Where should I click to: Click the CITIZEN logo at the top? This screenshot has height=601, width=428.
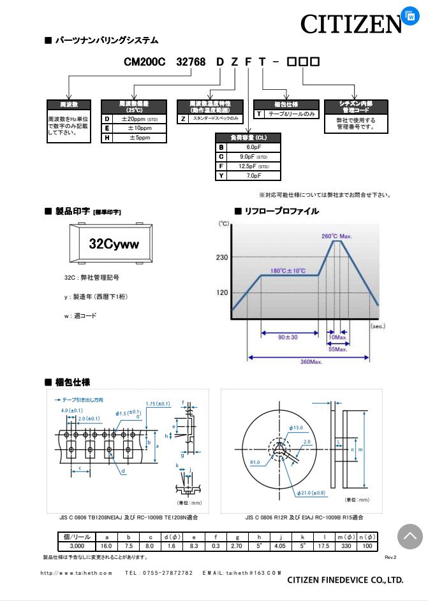[351, 24]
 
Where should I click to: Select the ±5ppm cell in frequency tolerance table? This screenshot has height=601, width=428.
[140, 138]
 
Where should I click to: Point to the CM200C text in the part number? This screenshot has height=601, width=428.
[144, 62]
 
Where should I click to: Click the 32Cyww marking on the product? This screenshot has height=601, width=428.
[114, 244]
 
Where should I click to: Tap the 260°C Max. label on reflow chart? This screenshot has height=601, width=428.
[336, 236]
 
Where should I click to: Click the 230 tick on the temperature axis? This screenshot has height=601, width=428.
[221, 257]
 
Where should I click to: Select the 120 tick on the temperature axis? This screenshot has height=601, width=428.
[221, 293]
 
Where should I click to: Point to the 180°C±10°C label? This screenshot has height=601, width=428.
[288, 270]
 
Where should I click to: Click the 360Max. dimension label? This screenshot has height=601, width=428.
[311, 362]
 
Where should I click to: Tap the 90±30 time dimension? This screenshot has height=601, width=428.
[288, 337]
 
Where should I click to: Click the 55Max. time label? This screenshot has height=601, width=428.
[337, 349]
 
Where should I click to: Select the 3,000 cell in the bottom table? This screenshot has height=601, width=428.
[77, 546]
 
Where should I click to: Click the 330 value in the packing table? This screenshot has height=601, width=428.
[347, 546]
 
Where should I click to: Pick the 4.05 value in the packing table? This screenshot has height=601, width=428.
[281, 546]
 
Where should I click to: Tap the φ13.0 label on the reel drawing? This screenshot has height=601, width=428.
[296, 428]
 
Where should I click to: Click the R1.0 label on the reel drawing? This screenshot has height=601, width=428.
[255, 463]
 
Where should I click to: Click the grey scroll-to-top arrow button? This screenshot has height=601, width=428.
[410, 537]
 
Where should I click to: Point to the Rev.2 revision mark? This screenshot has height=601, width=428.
[390, 557]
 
